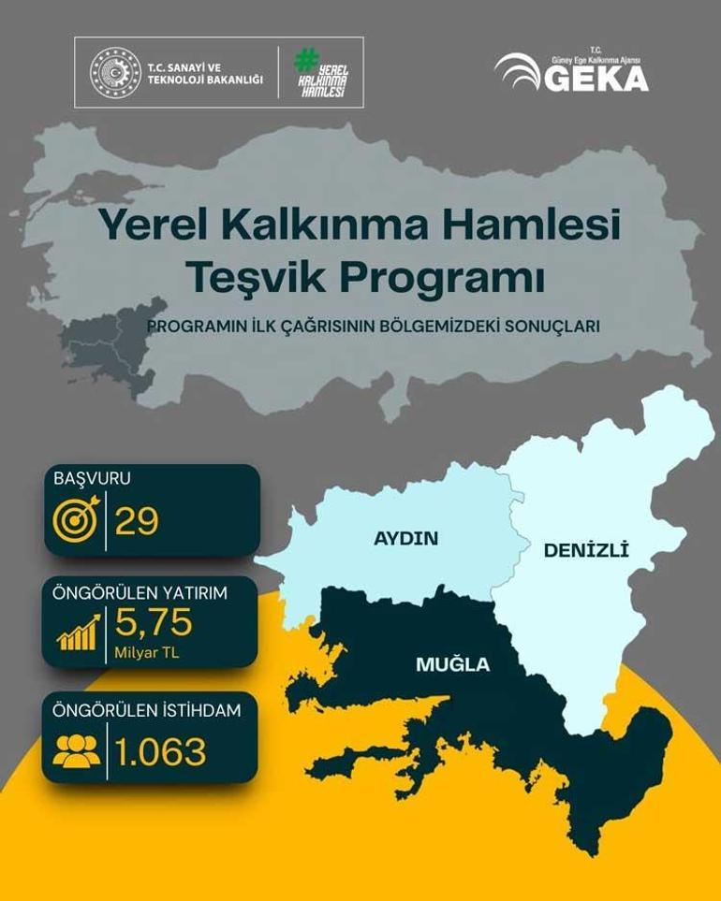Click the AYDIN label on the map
(406, 538)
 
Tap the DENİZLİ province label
(586, 551)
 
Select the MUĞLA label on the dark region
(453, 665)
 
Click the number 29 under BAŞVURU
(137, 522)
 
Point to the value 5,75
(154, 622)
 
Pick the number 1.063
(160, 751)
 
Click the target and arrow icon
(77, 522)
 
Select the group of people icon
(77, 751)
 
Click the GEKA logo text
(596, 78)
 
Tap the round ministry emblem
(114, 73)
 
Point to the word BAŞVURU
(92, 478)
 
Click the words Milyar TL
(147, 651)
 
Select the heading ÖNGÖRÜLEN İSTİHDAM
(148, 710)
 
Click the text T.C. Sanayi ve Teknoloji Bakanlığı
(205, 73)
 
